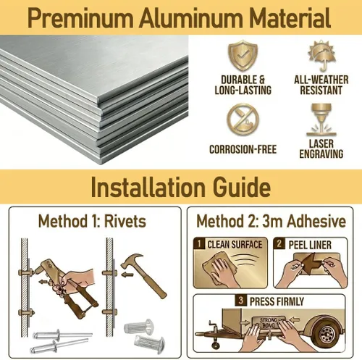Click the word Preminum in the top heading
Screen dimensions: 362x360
(x=80, y=18)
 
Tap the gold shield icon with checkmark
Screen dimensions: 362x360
(x=243, y=56)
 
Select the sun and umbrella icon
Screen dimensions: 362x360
(x=321, y=56)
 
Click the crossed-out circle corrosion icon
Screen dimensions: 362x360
(x=243, y=119)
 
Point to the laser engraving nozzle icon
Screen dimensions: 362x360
(x=321, y=120)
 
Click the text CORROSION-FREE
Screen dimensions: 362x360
(x=243, y=149)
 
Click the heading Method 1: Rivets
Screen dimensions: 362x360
(x=92, y=221)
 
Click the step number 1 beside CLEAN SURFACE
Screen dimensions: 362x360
(x=199, y=243)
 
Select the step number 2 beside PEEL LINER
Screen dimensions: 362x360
(x=279, y=243)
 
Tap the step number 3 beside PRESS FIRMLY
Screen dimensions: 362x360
(x=240, y=301)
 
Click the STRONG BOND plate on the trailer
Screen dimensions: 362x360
(x=269, y=322)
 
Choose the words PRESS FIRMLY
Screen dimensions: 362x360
(x=277, y=301)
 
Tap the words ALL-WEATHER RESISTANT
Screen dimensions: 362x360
(x=321, y=85)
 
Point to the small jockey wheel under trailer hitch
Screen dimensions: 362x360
(x=215, y=345)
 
